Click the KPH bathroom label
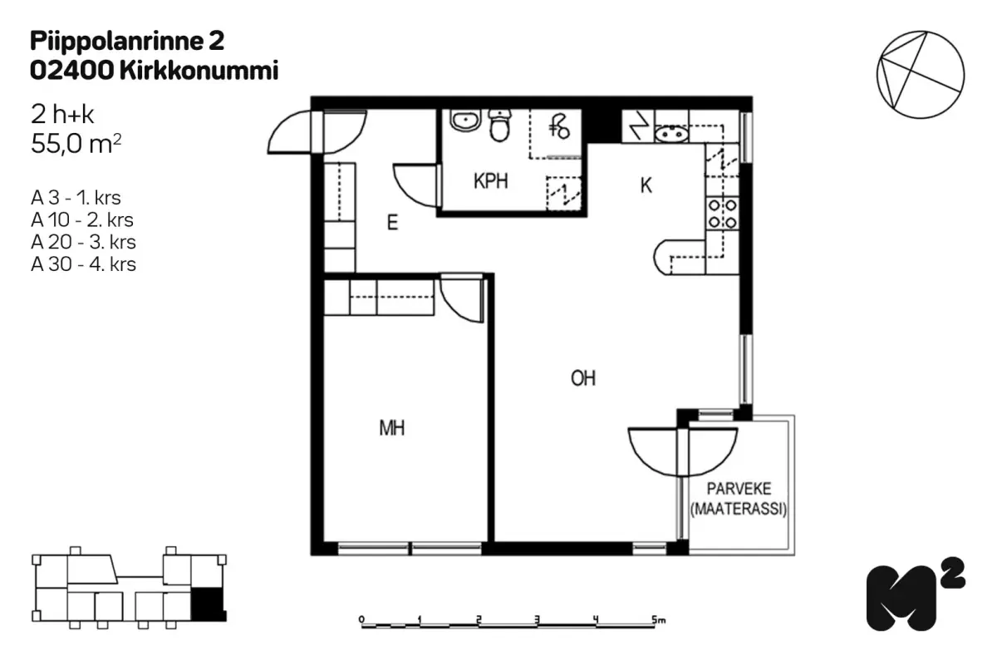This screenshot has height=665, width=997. pos(490,181)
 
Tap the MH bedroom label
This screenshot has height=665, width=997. pos(391,428)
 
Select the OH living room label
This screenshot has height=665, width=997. pos(583,378)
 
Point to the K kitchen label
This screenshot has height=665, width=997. pos(646,185)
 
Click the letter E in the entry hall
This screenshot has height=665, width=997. pos(392,222)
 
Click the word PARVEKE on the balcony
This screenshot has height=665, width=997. pos(739,489)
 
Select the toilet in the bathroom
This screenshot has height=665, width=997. pos(500,126)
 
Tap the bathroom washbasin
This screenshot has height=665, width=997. pos(465,121)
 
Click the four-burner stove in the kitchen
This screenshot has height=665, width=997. pos(722,214)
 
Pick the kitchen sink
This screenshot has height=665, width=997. pos(671,133)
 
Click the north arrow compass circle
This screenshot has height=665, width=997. pos(921,75)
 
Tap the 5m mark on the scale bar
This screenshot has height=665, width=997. pos(658,619)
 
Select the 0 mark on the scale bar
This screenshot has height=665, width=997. pos(361,619)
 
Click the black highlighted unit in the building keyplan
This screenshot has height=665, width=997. pos(209,604)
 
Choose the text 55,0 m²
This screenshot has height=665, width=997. pos(76,144)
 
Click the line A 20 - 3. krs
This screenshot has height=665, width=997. pos(83,242)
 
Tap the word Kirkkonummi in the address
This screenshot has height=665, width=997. pos(199,71)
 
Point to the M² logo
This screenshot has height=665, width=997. pos(915,594)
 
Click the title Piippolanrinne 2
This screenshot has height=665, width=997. pos(127,41)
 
